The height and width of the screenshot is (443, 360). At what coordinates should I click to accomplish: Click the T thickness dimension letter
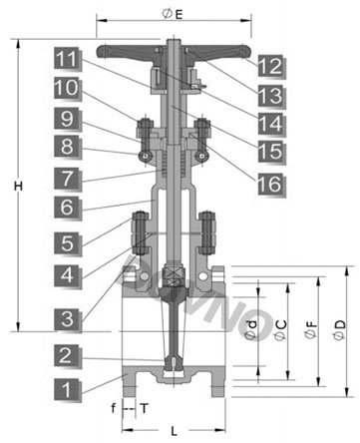point(144,408)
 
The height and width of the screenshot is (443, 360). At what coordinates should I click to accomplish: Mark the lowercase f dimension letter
point(114,408)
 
